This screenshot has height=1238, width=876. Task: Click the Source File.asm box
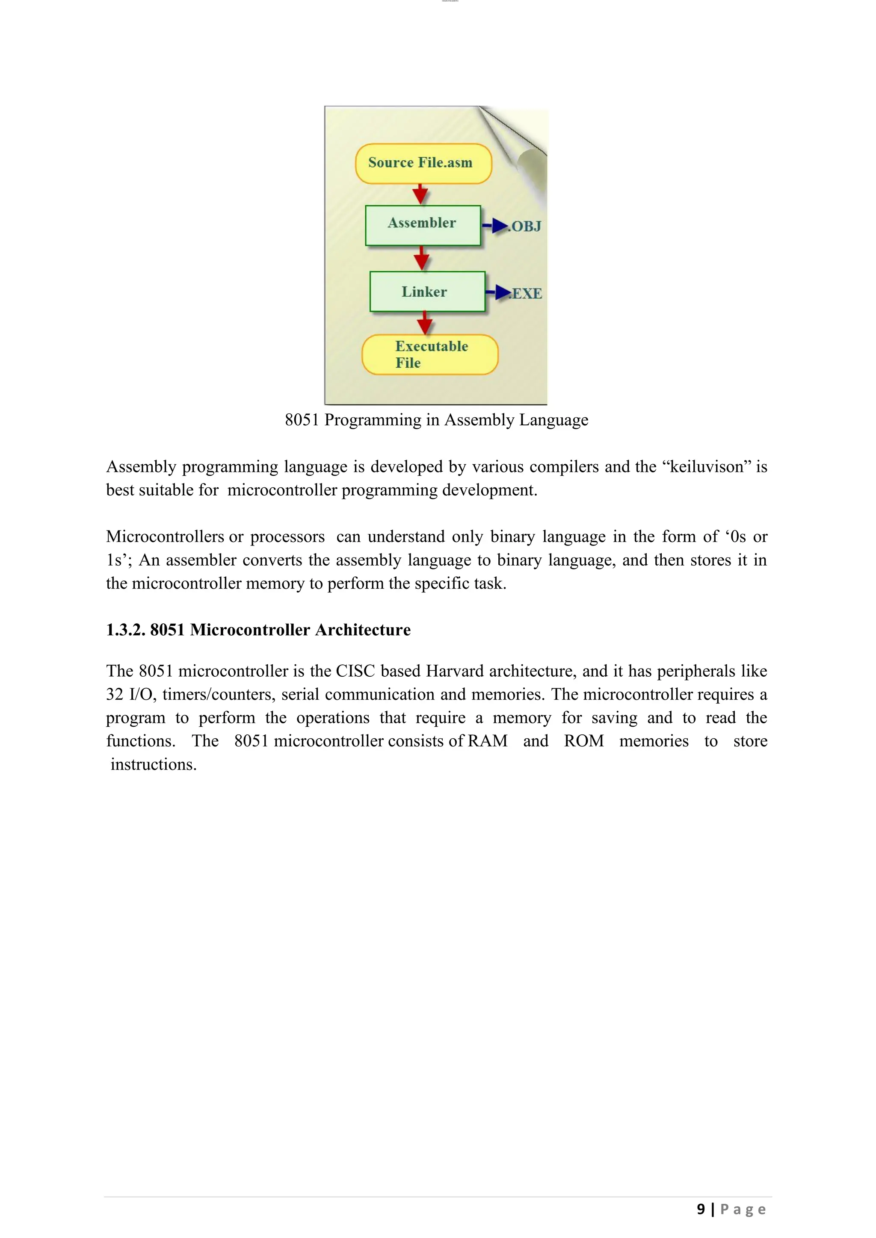423,163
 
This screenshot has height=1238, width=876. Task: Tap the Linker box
427,292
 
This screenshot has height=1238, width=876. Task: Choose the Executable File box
430,355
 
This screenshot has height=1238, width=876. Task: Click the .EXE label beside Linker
527,294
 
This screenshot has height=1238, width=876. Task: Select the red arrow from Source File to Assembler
420,194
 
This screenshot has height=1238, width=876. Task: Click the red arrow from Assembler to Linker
422,259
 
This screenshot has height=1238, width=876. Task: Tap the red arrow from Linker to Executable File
425,324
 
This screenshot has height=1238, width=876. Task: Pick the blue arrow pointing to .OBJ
495,226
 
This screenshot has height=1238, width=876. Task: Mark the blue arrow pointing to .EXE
499,292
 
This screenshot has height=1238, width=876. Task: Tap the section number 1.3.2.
126,630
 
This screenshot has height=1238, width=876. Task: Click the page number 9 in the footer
701,1209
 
